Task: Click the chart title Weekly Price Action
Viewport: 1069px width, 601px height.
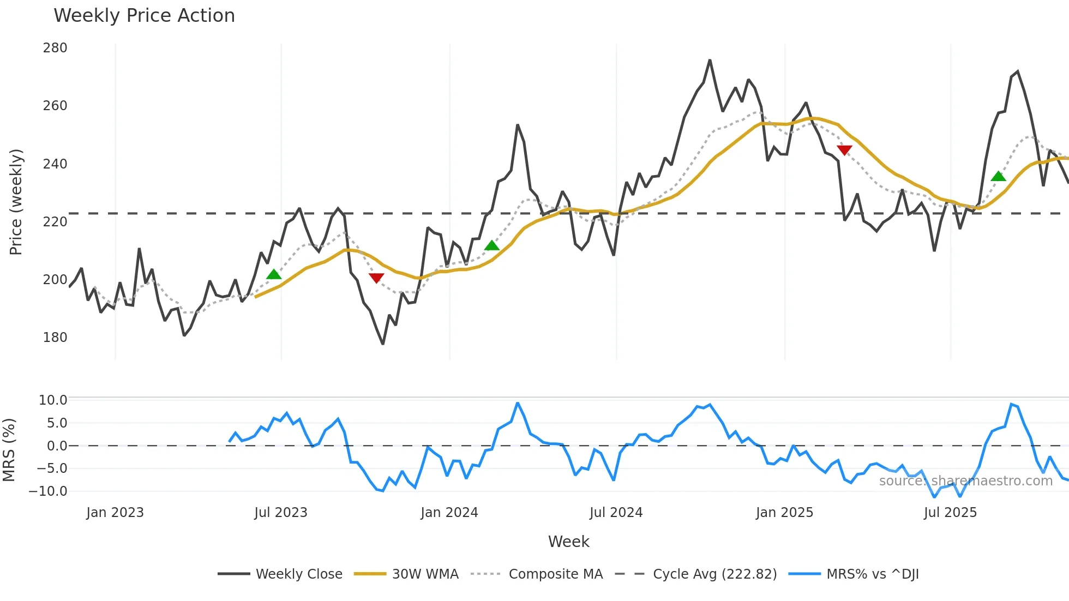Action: click(x=144, y=16)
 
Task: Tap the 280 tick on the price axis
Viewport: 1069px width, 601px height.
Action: click(x=55, y=48)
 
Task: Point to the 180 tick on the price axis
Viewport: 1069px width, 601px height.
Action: click(x=55, y=338)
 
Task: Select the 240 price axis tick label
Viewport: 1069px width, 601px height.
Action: click(x=55, y=164)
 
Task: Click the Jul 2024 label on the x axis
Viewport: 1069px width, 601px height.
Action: click(x=616, y=513)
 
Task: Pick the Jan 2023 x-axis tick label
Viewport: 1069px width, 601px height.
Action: click(x=115, y=513)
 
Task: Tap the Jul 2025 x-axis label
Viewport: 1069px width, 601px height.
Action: click(x=950, y=513)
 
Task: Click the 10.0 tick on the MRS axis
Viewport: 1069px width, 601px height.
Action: click(x=53, y=400)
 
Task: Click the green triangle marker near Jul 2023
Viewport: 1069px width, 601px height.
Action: click(x=274, y=274)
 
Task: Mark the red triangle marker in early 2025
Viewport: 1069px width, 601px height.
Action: click(x=844, y=150)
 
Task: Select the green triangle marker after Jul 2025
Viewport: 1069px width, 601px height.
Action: click(x=998, y=176)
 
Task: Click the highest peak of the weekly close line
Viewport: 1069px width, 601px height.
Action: click(x=710, y=61)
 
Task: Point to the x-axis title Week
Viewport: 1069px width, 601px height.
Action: click(x=568, y=542)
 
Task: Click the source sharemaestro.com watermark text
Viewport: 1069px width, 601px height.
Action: click(x=965, y=481)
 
